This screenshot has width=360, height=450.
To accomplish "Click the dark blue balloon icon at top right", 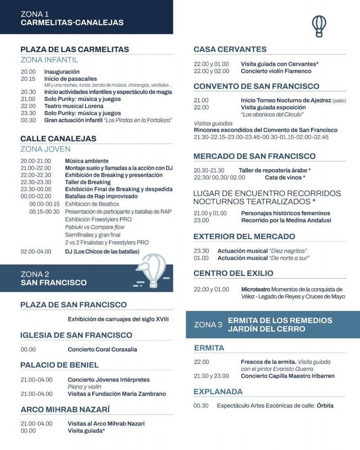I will click(319, 26).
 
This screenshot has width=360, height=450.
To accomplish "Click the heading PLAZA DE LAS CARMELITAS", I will click(75, 50).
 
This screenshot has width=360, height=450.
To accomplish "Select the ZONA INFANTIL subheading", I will click(49, 60).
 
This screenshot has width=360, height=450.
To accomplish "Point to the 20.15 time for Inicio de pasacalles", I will click(28, 79).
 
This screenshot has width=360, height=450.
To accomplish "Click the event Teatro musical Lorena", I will click(74, 106).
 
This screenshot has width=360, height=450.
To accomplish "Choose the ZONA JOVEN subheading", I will click(45, 149).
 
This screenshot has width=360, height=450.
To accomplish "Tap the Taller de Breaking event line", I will click(88, 182).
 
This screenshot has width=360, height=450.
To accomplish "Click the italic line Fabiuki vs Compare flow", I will click(95, 227).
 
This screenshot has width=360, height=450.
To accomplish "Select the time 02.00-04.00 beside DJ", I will click(36, 251).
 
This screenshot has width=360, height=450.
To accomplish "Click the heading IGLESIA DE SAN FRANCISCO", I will click(76, 335).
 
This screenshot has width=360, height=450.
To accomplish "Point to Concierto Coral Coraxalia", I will click(102, 349).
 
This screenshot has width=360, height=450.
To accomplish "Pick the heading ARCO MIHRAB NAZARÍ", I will click(65, 410).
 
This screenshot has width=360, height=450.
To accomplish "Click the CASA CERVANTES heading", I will click(230, 49).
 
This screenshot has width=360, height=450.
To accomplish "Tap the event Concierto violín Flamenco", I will click(276, 71).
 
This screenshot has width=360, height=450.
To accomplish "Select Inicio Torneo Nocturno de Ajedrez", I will click(286, 101).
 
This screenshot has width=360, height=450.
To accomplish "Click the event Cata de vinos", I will click(285, 178).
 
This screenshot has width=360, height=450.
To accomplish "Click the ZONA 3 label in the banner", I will click(208, 325).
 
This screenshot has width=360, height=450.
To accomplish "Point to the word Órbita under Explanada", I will click(325, 406).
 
